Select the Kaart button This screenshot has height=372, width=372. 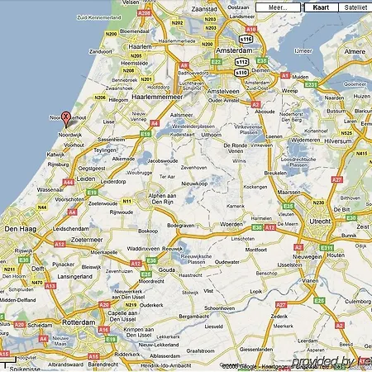(320, 7)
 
